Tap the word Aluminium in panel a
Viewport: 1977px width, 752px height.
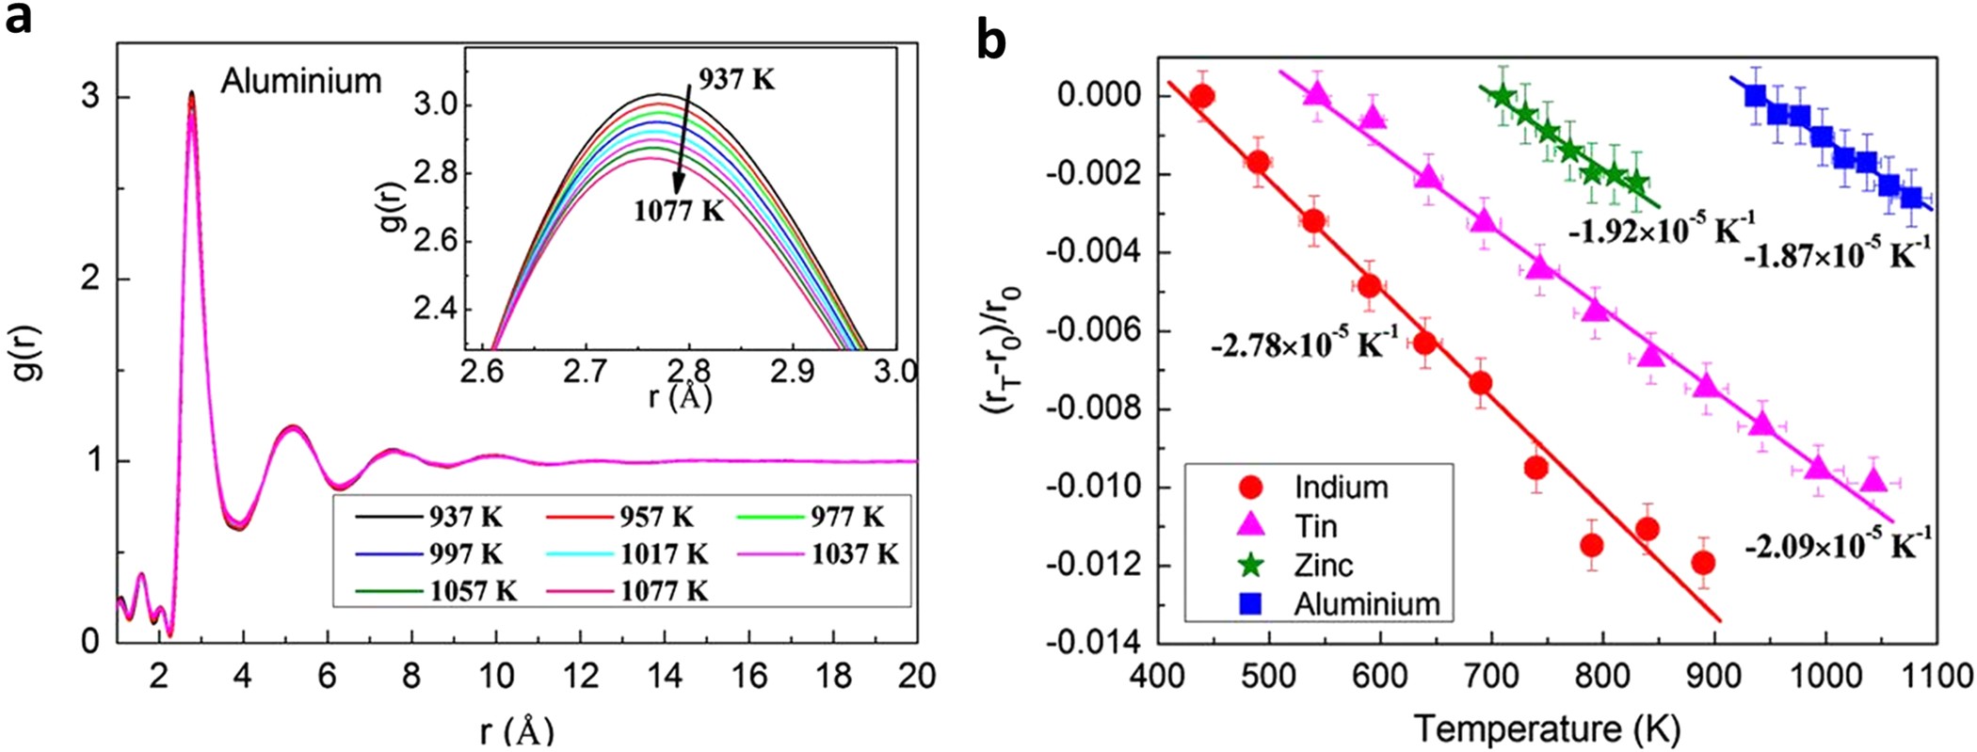click(301, 82)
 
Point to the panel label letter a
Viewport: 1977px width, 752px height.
click(18, 20)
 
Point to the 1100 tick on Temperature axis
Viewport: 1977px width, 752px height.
click(1937, 677)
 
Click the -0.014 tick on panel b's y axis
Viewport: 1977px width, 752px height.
click(1093, 644)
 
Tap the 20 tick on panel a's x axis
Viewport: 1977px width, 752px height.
click(917, 676)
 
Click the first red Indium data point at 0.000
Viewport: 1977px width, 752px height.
click(1201, 95)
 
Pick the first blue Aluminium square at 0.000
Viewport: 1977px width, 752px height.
click(1755, 95)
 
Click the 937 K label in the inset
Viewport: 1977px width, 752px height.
click(736, 80)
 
